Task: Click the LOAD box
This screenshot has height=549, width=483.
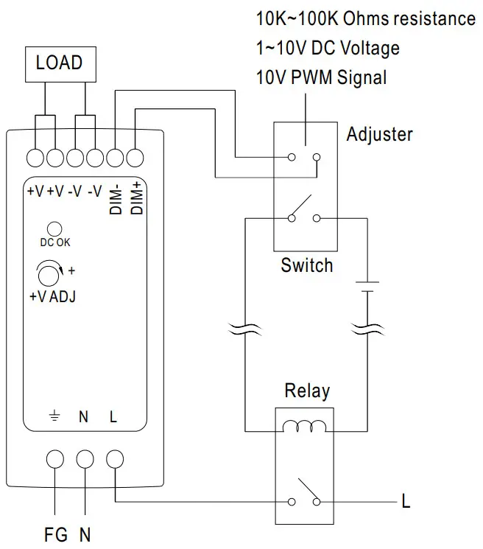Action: pyautogui.click(x=60, y=63)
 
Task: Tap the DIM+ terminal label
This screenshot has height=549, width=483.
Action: pyautogui.click(x=136, y=198)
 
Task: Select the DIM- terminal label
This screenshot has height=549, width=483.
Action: pyautogui.click(x=116, y=198)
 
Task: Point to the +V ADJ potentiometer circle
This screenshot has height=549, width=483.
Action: pyautogui.click(x=49, y=276)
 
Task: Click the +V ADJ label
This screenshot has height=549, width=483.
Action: pyautogui.click(x=53, y=298)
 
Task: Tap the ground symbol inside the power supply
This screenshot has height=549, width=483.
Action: pyautogui.click(x=54, y=417)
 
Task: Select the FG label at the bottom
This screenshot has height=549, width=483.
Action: pyautogui.click(x=55, y=534)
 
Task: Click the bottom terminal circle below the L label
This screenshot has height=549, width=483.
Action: pyautogui.click(x=113, y=458)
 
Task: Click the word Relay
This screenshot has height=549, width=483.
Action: pyautogui.click(x=306, y=391)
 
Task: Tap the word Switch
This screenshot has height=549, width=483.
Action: pyautogui.click(x=307, y=265)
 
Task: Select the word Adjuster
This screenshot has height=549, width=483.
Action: pyautogui.click(x=379, y=134)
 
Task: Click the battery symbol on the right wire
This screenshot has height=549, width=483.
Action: pyautogui.click(x=366, y=287)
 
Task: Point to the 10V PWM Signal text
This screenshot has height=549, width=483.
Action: pyautogui.click(x=321, y=77)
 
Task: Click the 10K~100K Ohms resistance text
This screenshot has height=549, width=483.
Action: pyautogui.click(x=365, y=18)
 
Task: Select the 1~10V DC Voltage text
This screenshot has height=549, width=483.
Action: pyautogui.click(x=328, y=48)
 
